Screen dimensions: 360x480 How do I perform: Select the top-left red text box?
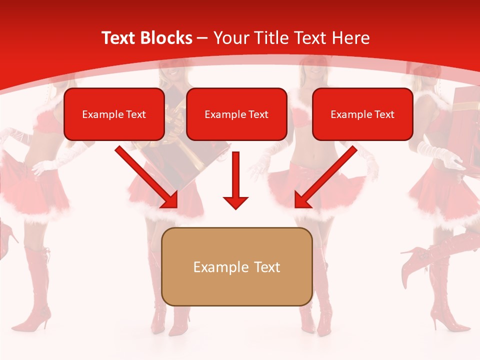click(114, 114)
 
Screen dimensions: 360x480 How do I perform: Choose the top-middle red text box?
click(236, 114)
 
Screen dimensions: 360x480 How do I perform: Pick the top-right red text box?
click(362, 114)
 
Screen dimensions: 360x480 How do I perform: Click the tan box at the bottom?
click(236, 266)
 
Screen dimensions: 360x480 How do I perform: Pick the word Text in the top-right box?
click(384, 114)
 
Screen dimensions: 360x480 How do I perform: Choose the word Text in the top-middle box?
click(258, 114)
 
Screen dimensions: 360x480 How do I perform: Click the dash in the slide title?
click(202, 38)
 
